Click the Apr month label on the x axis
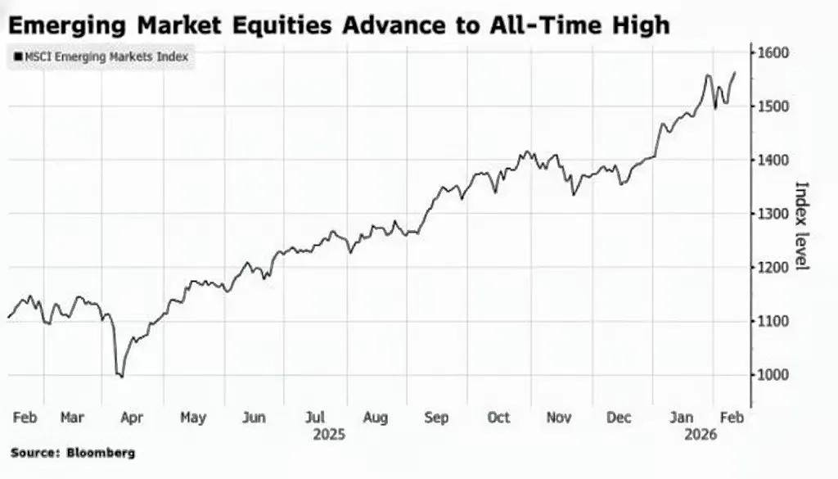132,418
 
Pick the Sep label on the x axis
436,418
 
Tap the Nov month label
558,418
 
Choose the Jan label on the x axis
681,418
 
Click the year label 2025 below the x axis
330,435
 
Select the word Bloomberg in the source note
102,453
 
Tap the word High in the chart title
639,25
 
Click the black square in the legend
18,57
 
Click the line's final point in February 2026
735,72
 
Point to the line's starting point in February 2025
8,317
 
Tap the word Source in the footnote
34,453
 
